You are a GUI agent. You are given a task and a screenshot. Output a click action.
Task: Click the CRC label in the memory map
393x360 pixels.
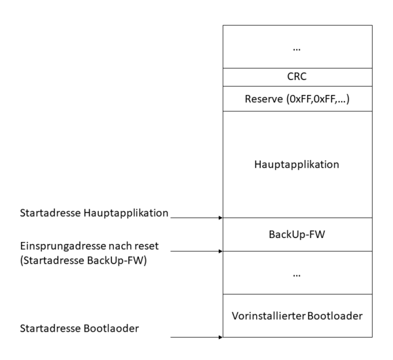point(297,76)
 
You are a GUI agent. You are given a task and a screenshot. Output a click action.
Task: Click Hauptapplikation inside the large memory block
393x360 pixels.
point(297,164)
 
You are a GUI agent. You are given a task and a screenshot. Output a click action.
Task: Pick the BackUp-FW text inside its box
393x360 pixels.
point(297,234)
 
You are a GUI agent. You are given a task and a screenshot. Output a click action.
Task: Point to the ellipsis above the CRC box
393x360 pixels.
point(297,48)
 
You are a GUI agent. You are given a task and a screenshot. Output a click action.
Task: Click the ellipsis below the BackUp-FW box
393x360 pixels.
point(297,275)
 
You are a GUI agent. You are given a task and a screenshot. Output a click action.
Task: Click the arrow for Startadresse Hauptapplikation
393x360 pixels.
point(196,216)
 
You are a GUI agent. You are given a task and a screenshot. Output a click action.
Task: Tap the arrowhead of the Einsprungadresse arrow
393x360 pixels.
point(220,250)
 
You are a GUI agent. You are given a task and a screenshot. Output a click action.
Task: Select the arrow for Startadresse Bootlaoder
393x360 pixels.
point(196,338)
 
